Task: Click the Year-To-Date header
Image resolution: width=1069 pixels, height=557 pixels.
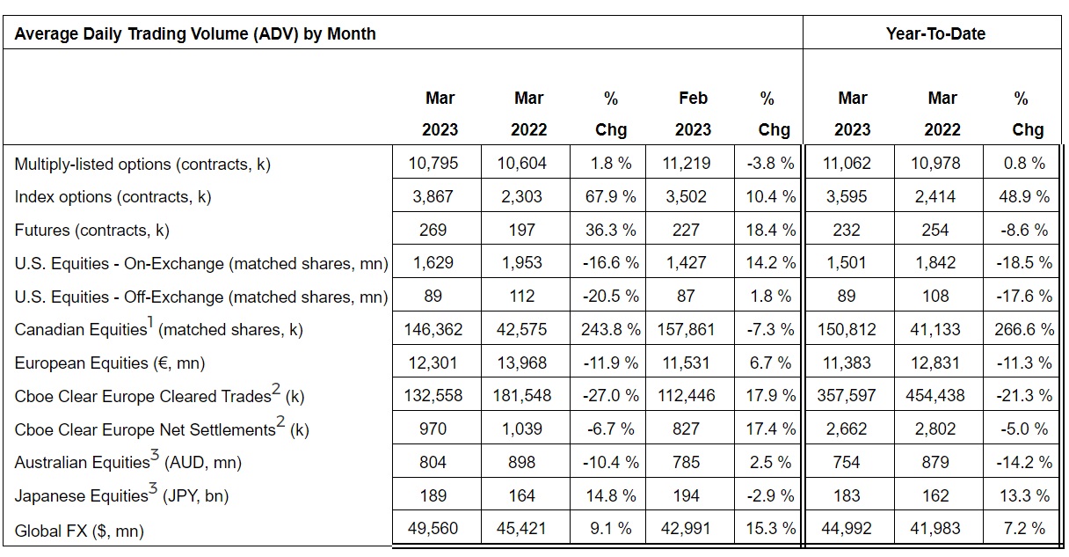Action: pos(935,34)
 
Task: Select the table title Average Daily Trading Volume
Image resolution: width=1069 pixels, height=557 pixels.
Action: pos(195,34)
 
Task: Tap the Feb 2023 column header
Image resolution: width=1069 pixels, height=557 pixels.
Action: pos(693,114)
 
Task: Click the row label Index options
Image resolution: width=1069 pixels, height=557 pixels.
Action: pos(113,197)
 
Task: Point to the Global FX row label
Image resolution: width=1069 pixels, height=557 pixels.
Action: pos(79,531)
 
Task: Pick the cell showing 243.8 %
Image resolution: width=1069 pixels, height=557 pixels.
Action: pos(610,330)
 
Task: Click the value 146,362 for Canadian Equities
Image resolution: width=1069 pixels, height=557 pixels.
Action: pos(433,330)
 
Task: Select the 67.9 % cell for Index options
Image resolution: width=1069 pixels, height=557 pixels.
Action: pos(610,197)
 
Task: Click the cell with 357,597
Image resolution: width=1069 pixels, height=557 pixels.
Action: pos(846,396)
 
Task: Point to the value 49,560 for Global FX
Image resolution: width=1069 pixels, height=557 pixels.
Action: pos(433,530)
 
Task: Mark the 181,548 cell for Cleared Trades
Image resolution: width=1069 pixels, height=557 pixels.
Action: pos(522,396)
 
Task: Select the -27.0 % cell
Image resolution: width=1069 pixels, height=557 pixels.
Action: pos(610,396)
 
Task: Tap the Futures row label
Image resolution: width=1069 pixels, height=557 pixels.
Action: pos(92,231)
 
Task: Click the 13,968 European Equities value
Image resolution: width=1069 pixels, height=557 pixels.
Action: pos(522,363)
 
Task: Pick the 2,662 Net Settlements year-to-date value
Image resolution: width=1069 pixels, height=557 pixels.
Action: pos(846,429)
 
